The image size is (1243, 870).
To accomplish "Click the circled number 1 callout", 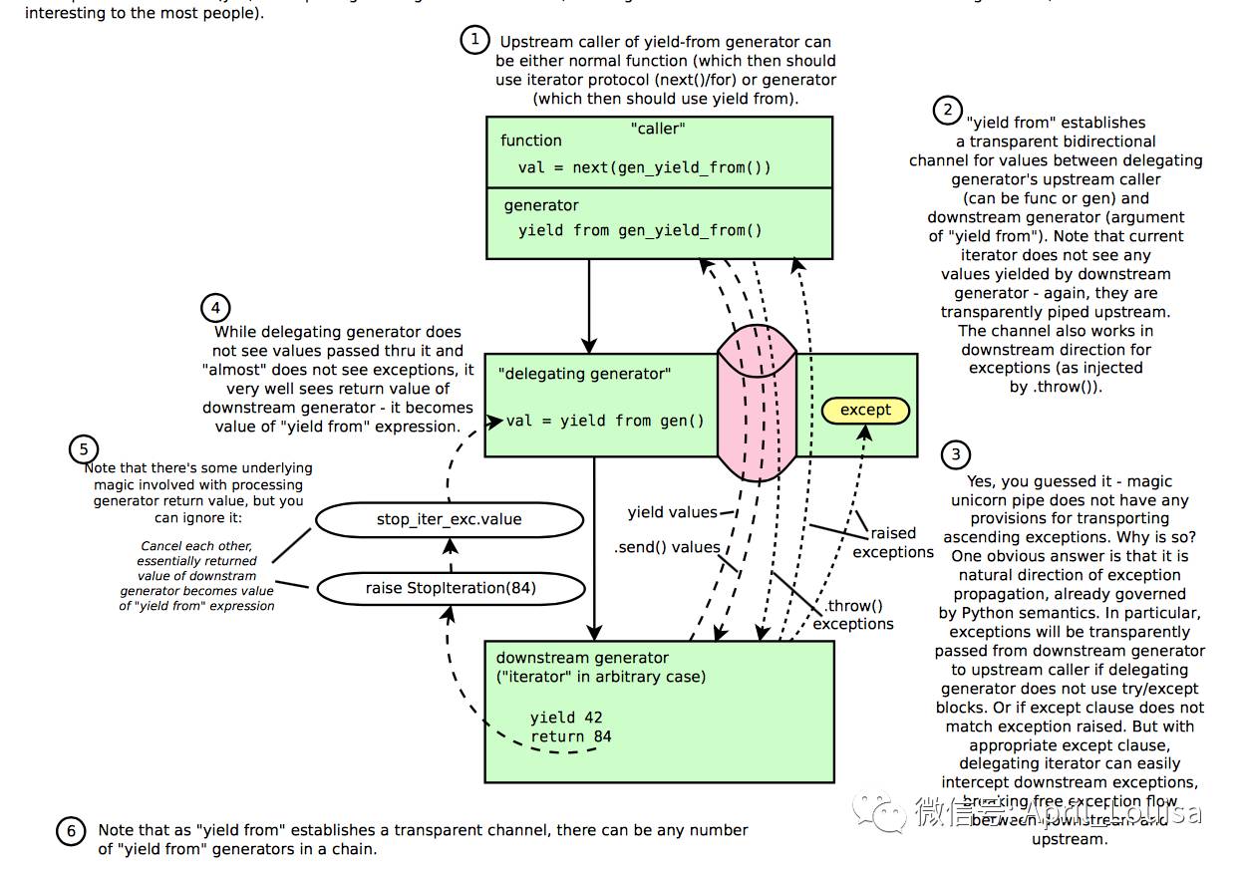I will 475,40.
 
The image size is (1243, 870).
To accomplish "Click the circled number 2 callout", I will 947,110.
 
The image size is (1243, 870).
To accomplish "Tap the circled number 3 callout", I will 956,455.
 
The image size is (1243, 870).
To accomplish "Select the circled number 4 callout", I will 215,307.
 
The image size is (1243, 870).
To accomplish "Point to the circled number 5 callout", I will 84,448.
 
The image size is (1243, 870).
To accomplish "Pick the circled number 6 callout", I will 70,832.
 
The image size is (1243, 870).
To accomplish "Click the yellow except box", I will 865,410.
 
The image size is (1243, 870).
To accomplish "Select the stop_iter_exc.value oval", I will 449,519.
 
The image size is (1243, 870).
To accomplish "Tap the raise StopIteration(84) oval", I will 450,588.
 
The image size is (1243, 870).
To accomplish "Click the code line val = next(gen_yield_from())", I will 644,167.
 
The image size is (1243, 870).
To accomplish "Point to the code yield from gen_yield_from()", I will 640,230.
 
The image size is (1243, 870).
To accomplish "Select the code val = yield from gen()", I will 605,421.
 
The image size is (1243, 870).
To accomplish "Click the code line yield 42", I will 566,718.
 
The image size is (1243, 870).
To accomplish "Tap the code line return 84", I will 570,736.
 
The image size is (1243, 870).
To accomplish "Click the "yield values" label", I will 672,512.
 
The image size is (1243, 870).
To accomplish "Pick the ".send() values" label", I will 667,546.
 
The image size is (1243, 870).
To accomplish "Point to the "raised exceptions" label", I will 893,542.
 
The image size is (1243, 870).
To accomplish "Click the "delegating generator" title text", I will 584,374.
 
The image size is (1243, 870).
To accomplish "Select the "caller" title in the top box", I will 658,129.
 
